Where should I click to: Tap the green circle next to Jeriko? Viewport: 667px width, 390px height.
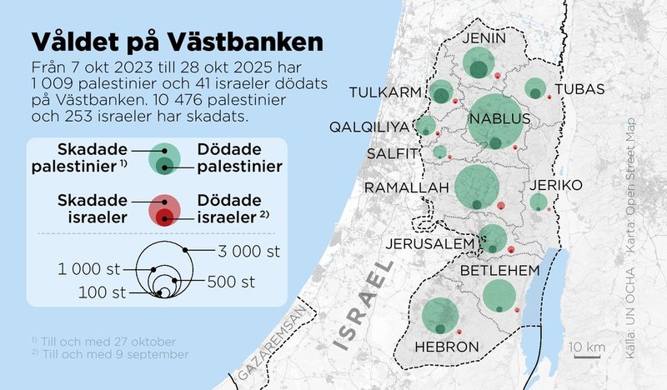pyautogui.click(x=539, y=202)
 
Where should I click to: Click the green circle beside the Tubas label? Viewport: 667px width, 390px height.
pyautogui.click(x=535, y=88)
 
